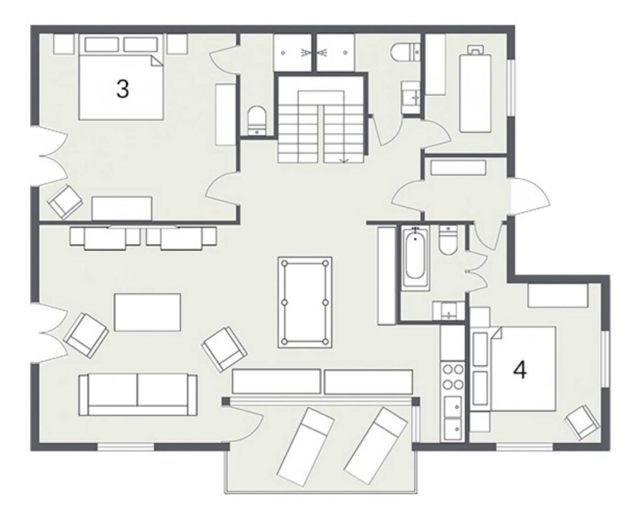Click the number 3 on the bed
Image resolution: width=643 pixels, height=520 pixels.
click(122, 89)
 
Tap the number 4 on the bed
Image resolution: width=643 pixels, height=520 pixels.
click(520, 371)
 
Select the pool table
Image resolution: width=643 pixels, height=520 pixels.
click(305, 303)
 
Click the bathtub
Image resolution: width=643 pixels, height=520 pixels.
click(416, 258)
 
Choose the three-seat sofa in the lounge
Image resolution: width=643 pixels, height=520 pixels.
click(138, 394)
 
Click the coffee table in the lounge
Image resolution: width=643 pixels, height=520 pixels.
click(147, 312)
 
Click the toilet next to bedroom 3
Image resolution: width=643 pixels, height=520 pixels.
click(257, 120)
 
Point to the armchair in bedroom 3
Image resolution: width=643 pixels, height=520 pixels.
click(65, 202)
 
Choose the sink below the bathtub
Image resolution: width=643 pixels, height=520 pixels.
click(449, 310)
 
